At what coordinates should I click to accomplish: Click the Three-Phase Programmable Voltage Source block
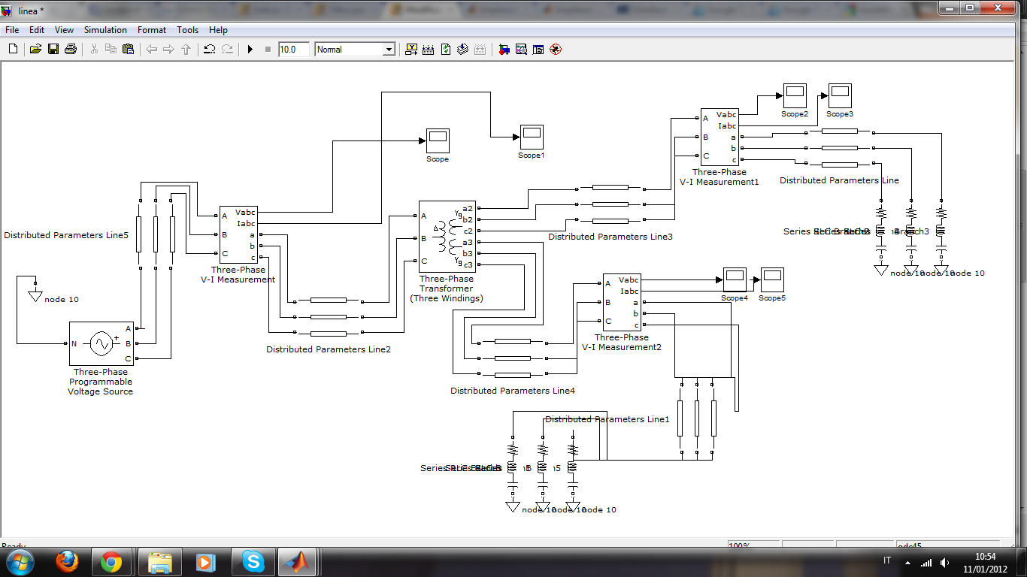click(101, 344)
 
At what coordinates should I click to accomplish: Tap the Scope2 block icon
click(795, 96)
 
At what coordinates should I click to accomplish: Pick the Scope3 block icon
click(839, 96)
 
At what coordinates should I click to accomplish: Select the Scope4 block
click(735, 280)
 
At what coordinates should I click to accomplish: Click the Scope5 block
click(772, 280)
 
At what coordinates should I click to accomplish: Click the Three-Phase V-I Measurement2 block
click(622, 303)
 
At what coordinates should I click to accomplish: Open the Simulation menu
click(105, 30)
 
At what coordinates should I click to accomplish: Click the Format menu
click(151, 30)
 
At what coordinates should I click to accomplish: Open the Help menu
click(218, 30)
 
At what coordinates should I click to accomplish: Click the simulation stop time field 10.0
click(293, 50)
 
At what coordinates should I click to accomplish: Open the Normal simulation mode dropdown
click(355, 50)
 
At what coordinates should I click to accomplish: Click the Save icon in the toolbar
click(53, 50)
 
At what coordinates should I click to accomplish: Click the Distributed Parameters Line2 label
click(329, 349)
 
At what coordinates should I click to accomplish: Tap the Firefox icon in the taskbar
click(68, 561)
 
